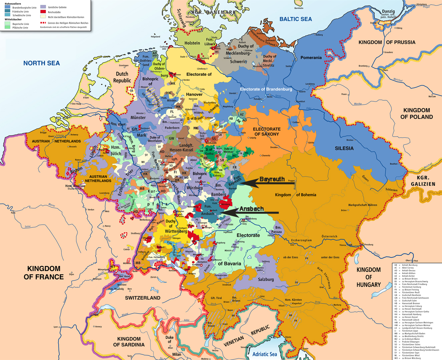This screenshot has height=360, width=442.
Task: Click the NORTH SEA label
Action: [x=41, y=63]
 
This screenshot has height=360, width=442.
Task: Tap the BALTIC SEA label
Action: [x=295, y=19]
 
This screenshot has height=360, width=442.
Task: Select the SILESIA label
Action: [x=344, y=148]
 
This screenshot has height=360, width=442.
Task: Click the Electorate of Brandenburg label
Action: [x=266, y=89]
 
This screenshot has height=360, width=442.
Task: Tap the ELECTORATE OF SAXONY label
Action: [x=266, y=132]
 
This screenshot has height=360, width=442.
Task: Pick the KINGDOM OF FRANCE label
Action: [x=44, y=273]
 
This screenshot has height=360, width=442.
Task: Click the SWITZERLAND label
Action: [x=142, y=298]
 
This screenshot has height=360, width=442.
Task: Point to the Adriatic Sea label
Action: [x=265, y=354]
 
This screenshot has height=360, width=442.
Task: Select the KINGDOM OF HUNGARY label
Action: [x=368, y=277]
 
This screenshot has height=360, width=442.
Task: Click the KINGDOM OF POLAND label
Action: [x=416, y=114]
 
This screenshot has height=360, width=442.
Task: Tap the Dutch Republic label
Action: [x=122, y=77]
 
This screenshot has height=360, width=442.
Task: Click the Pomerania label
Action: [x=311, y=58]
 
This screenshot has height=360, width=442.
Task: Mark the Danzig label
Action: [x=388, y=11]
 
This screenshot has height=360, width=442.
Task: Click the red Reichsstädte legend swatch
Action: [x=43, y=12]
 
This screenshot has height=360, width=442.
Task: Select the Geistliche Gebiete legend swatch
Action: [x=43, y=7]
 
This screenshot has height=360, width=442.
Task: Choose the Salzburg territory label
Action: [x=266, y=279]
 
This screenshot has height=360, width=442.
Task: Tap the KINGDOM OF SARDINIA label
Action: [x=129, y=342]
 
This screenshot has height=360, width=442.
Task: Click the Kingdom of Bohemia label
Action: [x=295, y=195]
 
